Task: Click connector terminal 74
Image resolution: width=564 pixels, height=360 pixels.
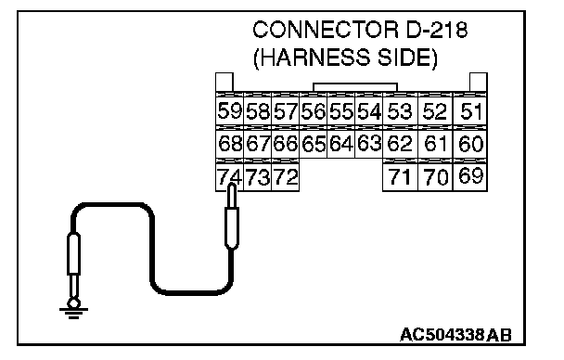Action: (x=229, y=176)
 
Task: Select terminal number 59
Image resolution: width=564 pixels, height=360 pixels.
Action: (x=229, y=110)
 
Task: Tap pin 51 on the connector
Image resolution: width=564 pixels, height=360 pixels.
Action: (x=470, y=110)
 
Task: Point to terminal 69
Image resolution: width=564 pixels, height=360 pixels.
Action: (x=470, y=176)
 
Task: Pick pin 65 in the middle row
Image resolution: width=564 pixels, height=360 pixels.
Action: (x=313, y=144)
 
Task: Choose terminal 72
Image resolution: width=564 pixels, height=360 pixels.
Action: (x=285, y=176)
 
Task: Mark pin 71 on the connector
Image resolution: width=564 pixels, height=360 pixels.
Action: (x=400, y=176)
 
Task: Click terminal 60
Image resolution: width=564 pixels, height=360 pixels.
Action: (x=470, y=144)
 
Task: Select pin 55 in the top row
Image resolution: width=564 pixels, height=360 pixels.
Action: (x=341, y=110)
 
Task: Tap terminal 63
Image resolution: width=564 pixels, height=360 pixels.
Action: (x=368, y=144)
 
